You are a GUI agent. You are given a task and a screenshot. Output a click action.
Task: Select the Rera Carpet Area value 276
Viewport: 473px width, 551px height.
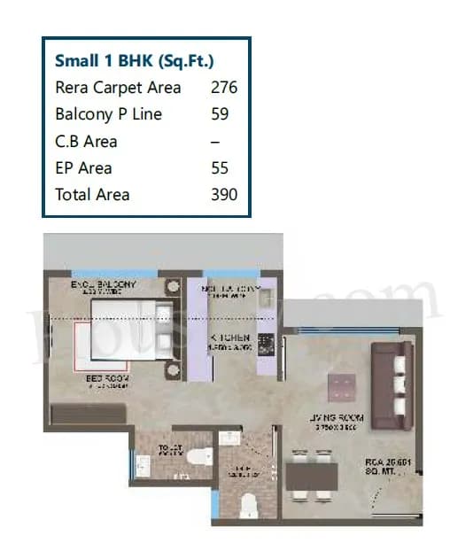point(224,88)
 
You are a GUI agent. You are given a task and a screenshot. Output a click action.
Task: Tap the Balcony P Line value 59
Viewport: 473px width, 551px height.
point(220,114)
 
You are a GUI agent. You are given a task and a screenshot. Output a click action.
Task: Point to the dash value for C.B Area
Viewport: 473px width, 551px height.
point(215,142)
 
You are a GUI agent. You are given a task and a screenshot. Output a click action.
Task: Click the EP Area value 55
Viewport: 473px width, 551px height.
point(220,168)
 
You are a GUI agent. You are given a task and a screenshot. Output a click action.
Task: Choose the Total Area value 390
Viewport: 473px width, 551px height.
point(224,195)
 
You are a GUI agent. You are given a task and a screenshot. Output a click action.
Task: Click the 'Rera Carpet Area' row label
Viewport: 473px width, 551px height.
point(118,88)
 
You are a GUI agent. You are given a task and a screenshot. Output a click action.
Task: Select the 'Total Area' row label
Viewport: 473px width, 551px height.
point(92,195)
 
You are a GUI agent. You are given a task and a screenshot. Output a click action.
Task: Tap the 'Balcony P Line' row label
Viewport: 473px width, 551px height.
point(108,114)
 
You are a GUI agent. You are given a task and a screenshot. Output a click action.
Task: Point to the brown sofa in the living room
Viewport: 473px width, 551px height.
point(392,381)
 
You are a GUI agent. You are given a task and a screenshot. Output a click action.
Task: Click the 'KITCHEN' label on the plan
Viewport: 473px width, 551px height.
point(229,338)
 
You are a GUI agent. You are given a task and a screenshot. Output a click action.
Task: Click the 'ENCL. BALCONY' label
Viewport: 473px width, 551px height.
point(105,284)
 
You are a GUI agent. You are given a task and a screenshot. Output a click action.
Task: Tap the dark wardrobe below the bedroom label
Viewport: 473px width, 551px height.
point(89,414)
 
